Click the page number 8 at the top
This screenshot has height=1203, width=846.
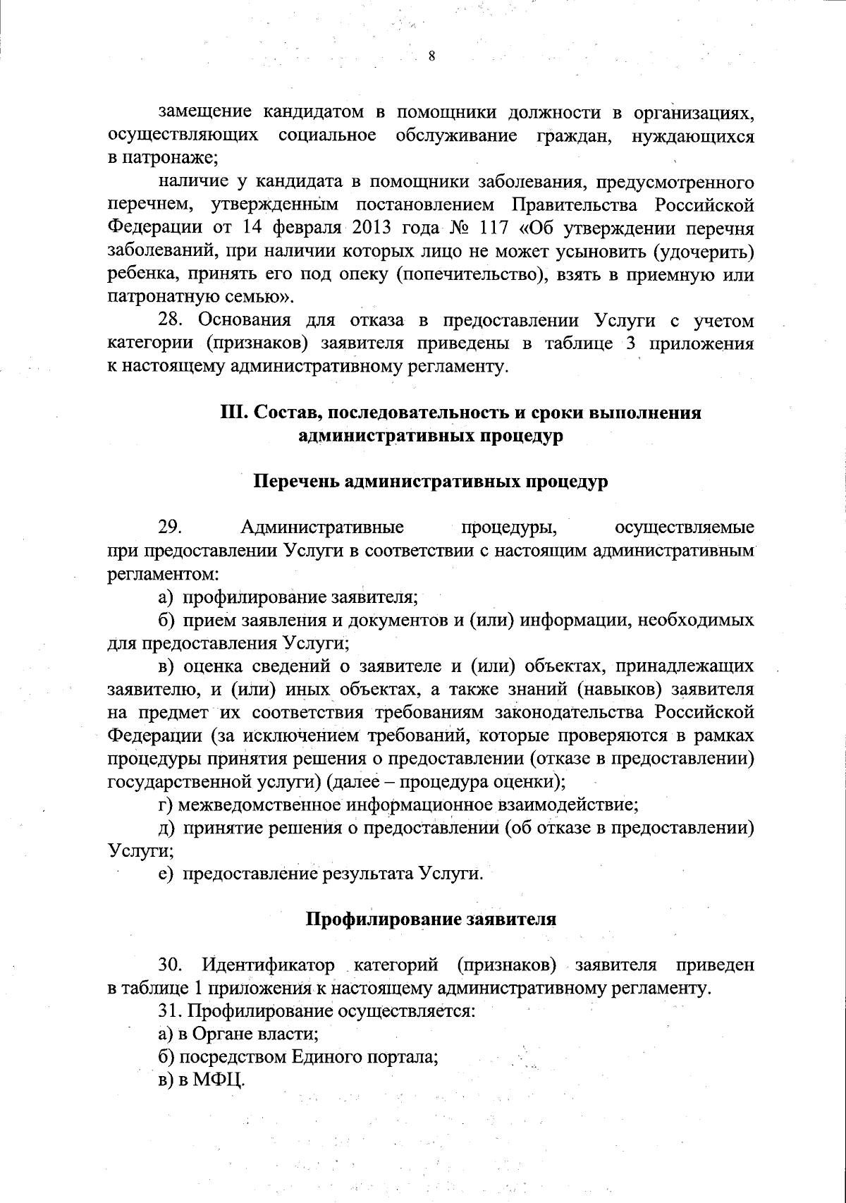click(x=431, y=57)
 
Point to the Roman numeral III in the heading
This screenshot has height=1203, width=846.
click(x=233, y=413)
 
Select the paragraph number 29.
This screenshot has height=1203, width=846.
click(x=171, y=527)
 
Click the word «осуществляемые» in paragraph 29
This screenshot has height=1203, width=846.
click(x=684, y=527)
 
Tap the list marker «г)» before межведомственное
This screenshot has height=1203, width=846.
click(x=166, y=805)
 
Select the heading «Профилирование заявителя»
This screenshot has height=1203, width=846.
click(x=431, y=920)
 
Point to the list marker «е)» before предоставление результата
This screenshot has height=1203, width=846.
click(x=166, y=874)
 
